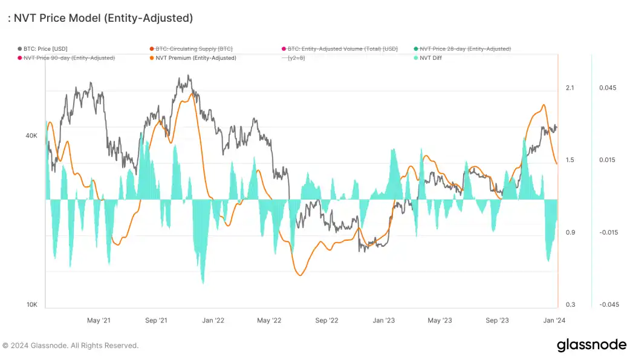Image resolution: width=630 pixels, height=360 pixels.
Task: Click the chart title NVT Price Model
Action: pos(100,18)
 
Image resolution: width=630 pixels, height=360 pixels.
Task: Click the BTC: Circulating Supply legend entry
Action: pos(190,48)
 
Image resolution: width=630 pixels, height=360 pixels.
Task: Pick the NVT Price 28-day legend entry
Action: pos(465,48)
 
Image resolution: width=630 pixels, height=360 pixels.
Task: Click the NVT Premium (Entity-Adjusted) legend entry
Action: pos(192,58)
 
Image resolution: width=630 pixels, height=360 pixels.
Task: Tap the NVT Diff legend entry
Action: pos(431,58)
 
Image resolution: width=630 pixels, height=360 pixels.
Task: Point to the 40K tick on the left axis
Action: pos(31,136)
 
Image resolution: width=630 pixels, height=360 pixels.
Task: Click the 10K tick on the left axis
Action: pos(31,305)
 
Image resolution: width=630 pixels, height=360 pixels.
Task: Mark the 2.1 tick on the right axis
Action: pos(570,88)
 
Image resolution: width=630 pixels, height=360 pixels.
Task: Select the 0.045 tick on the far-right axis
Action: pos(607,88)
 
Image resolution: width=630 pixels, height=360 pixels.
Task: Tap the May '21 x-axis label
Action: pos(99,320)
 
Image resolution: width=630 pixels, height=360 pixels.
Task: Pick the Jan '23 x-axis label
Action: pos(383,320)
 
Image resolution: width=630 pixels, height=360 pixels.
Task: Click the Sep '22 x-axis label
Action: pos(327,320)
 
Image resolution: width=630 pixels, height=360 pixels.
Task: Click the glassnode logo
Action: pos(591,345)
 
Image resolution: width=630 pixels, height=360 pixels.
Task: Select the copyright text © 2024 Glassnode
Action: pos(71,345)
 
